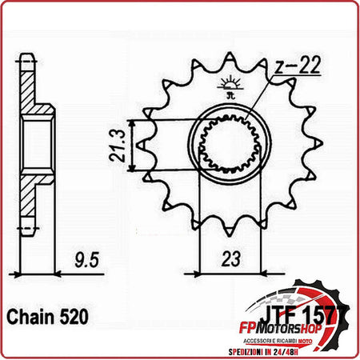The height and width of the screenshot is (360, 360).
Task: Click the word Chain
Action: point(32,317)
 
